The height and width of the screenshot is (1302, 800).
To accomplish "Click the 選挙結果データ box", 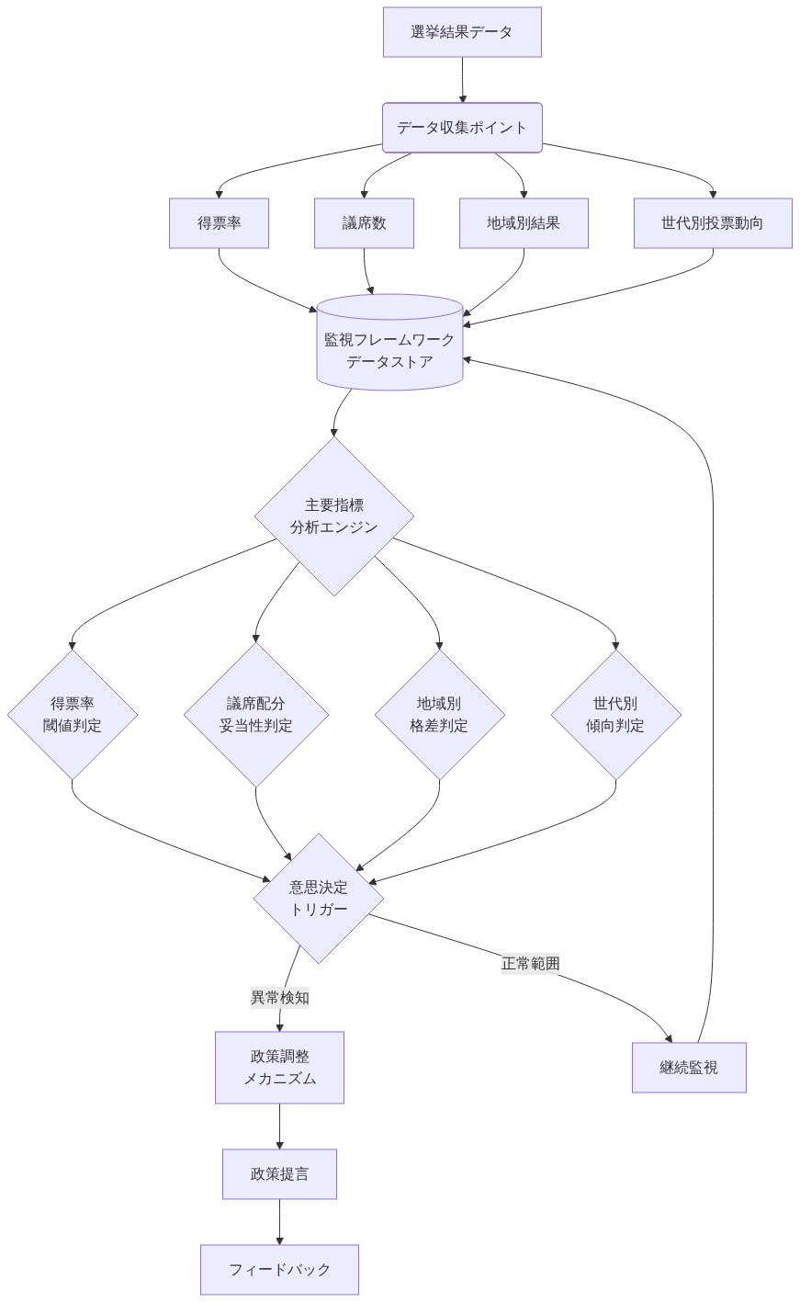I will pyautogui.click(x=462, y=32).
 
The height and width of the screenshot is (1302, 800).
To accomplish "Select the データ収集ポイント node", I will pyautogui.click(x=462, y=128).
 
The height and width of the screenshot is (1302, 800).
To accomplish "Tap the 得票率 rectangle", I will pyautogui.click(x=219, y=223).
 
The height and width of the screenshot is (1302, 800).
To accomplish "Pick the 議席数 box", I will pyautogui.click(x=364, y=223).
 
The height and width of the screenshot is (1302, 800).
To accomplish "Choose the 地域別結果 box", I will pyautogui.click(x=524, y=223).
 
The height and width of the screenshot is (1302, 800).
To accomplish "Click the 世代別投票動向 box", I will pyautogui.click(x=713, y=223).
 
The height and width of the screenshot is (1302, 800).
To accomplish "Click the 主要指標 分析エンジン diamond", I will pyautogui.click(x=333, y=515).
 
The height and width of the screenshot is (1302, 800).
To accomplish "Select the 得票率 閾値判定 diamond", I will pyautogui.click(x=73, y=714).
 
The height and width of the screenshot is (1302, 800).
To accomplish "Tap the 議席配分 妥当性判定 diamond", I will pyautogui.click(x=256, y=714).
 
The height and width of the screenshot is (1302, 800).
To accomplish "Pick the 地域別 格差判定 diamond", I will pyautogui.click(x=439, y=714).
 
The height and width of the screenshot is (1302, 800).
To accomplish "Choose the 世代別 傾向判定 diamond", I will pyautogui.click(x=615, y=714).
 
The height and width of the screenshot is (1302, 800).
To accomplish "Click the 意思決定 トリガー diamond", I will pyautogui.click(x=319, y=898).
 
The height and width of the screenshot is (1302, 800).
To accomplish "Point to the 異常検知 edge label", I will pyautogui.click(x=279, y=997).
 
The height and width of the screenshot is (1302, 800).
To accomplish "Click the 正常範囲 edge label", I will pyautogui.click(x=530, y=963).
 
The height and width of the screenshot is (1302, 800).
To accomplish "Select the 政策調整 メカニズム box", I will pyautogui.click(x=279, y=1067).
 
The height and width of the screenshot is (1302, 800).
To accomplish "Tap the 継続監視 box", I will pyautogui.click(x=689, y=1067).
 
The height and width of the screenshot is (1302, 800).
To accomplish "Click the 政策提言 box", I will pyautogui.click(x=279, y=1173).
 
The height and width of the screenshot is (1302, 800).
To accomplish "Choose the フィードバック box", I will pyautogui.click(x=279, y=1269).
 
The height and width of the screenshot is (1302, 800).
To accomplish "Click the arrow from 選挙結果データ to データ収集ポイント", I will pyautogui.click(x=462, y=80).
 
